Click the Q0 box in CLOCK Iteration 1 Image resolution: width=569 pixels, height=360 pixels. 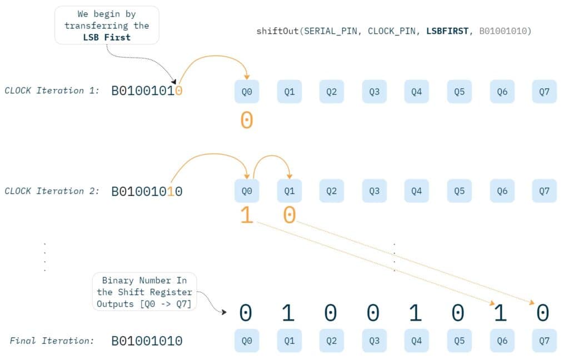pos(247,92)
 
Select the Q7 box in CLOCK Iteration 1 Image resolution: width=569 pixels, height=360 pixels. pos(544,92)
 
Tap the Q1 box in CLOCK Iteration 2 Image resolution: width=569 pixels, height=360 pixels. pos(289,191)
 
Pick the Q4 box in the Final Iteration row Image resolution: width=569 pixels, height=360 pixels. pos(416,341)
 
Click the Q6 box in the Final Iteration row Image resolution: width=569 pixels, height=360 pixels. pos(502,341)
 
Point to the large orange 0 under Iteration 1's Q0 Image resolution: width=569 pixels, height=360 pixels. pos(247,121)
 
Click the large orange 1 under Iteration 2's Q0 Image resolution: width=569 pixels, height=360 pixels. pos(247,216)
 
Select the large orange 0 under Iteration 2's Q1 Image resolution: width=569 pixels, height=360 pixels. pos(289,216)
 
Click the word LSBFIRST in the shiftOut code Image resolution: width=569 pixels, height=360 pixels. pos(447,31)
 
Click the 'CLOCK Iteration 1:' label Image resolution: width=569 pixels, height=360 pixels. pos(52,91)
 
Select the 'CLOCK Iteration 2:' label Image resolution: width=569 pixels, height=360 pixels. pos(52,191)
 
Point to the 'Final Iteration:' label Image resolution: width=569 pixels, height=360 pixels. pos(52,341)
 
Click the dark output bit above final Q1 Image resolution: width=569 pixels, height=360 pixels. pos(288,313)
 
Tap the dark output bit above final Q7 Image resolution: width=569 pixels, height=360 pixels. pos(543,313)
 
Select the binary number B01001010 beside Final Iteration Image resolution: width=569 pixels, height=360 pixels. pos(147,341)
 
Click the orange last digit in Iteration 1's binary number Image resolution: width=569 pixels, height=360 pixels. pos(178,91)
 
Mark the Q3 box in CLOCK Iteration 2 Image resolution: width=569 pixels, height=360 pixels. pos(374,191)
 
